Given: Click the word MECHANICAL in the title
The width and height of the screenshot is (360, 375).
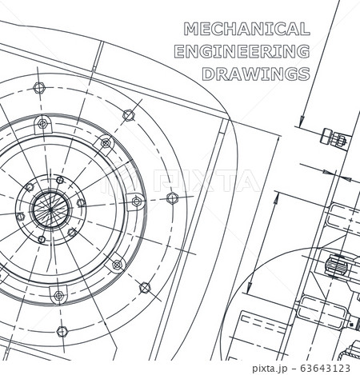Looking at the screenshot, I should click(x=246, y=30).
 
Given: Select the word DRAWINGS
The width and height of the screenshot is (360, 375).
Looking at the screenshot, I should click(x=255, y=74).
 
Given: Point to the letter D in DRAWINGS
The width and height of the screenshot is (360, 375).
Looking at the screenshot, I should click(x=206, y=74).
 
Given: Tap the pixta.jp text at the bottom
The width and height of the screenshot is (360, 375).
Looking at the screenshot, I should click(x=281, y=368).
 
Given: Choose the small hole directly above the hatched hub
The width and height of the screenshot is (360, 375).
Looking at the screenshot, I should click(x=58, y=181).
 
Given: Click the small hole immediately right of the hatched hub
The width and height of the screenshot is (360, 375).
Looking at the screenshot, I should click(x=81, y=203).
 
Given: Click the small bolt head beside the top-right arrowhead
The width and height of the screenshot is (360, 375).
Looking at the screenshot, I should click(x=332, y=138).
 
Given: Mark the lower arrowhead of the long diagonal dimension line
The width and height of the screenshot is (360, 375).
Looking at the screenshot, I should click(x=247, y=288).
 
